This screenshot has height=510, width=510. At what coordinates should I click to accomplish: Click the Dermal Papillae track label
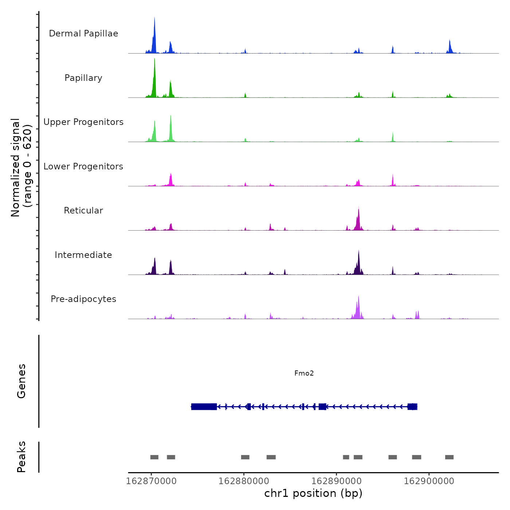83,34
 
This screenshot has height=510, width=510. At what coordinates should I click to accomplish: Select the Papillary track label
83,78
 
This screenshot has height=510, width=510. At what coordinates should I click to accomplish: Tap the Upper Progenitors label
83,122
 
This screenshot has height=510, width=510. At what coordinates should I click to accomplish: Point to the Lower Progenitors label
83,166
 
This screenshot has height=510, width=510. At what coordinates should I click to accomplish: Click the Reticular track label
83,211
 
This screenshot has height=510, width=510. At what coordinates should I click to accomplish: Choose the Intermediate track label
83,255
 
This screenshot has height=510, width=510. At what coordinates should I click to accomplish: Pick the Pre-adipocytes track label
83,299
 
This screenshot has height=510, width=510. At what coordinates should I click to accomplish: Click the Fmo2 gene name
304,373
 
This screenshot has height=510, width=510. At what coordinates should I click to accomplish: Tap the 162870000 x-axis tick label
151,481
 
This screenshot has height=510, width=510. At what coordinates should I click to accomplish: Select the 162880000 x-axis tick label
244,481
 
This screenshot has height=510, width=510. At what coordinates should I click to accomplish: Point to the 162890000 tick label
337,481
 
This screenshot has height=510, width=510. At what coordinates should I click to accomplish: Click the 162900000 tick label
429,481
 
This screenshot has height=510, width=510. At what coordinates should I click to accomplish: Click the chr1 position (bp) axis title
313,493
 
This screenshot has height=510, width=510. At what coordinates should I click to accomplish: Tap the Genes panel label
21,381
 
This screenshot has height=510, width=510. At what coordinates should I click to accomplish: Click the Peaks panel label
21,457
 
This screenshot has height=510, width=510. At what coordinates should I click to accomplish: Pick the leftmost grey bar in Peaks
154,457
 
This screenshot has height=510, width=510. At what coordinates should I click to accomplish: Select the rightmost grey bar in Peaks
449,457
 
